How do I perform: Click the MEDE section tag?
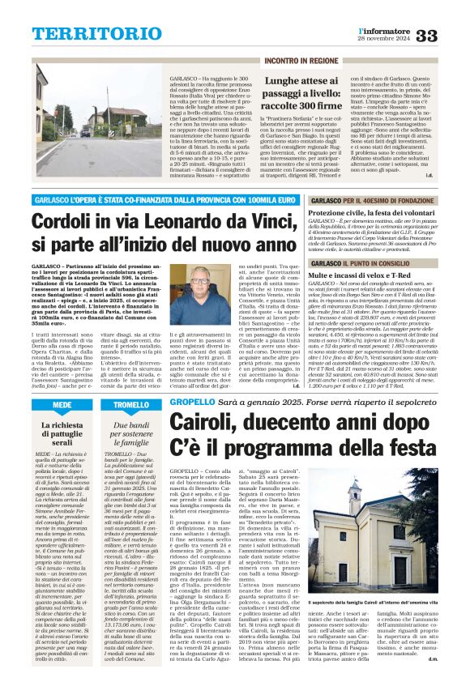coord(62,404)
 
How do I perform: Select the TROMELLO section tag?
coord(131,404)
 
